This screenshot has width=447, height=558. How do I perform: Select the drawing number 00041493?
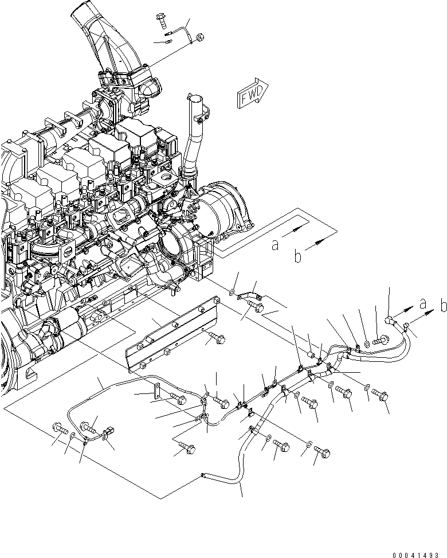418,554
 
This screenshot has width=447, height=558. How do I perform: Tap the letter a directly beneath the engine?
276,245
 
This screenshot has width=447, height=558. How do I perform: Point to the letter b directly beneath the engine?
297,257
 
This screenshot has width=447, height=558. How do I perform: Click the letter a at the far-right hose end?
422,303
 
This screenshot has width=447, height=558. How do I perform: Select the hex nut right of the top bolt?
199,38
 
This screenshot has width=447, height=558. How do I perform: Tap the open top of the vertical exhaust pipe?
196,102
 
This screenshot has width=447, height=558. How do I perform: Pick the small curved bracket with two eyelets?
249,295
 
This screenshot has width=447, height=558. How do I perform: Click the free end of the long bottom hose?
204,474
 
